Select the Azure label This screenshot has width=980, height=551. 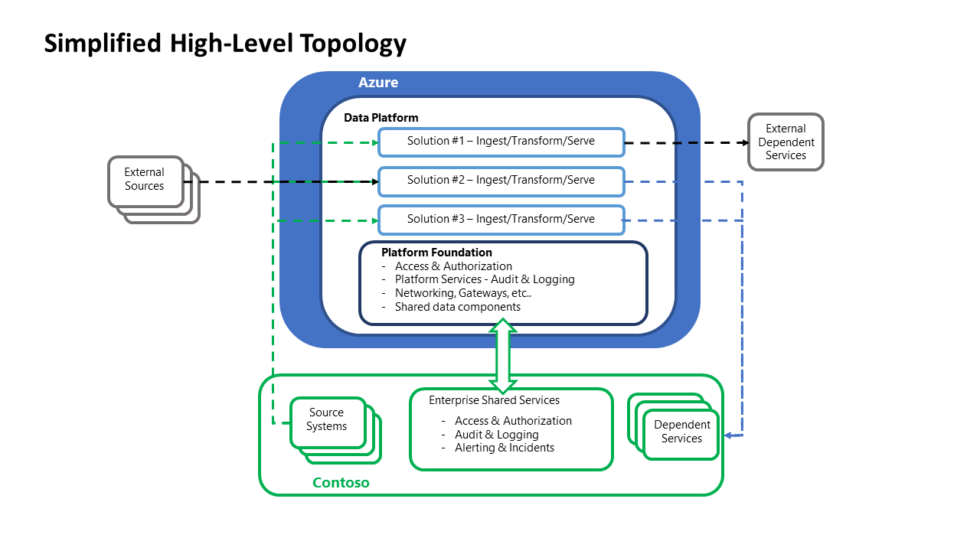378,83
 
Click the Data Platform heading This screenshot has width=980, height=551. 381,118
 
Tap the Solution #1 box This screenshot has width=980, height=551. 501,142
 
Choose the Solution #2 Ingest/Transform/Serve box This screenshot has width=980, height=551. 501,181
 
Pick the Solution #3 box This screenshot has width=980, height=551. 501,220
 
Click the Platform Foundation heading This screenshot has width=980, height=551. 436,253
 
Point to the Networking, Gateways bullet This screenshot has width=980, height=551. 463,293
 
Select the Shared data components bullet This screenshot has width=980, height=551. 457,307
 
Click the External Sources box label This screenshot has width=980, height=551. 145,180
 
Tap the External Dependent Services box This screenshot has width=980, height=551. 786,142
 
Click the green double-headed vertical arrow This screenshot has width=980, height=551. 503,356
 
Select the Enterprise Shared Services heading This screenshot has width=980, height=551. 494,400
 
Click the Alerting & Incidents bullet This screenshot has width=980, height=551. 504,448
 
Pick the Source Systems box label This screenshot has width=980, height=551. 327,419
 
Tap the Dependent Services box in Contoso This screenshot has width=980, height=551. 681,432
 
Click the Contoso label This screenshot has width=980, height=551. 341,483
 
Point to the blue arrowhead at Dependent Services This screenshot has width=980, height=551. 729,435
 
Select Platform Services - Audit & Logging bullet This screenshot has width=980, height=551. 485,279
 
